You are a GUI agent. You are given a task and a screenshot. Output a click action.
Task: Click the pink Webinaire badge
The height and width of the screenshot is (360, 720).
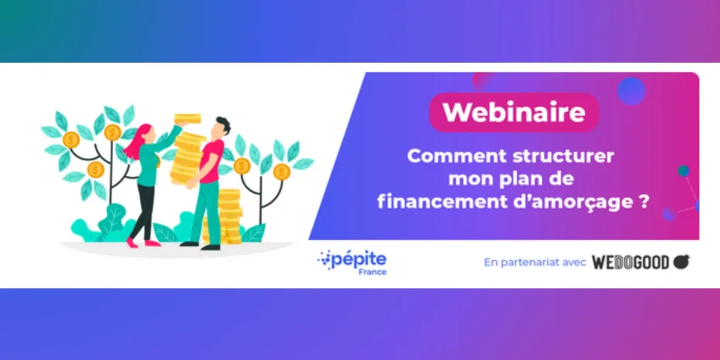click(x=514, y=112)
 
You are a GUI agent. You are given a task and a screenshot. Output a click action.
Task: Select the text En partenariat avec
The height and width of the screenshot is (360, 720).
click(x=535, y=262)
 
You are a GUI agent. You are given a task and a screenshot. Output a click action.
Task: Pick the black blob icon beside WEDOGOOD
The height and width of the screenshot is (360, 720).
click(x=681, y=262)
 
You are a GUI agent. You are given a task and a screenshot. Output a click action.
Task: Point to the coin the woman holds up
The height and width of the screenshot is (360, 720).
click(x=187, y=118)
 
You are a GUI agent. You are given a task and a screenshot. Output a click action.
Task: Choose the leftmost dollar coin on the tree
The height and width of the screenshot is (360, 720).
click(x=71, y=140)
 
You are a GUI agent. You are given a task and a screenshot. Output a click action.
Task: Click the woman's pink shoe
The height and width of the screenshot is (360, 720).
click(x=132, y=243)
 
